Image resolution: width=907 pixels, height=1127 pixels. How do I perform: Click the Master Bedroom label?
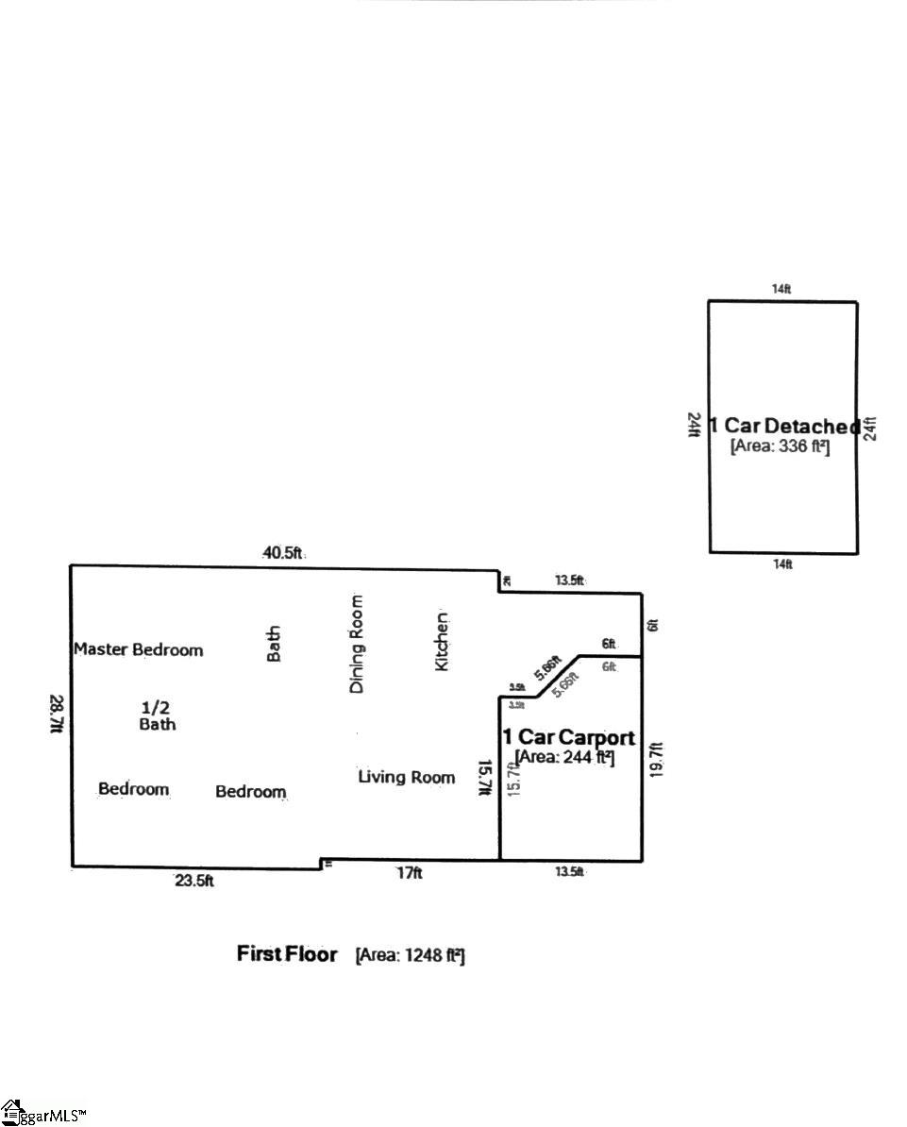click(139, 649)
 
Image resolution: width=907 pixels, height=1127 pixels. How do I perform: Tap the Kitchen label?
click(442, 642)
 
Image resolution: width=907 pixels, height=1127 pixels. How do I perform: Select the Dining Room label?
click(357, 644)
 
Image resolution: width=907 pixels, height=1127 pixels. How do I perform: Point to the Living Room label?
click(406, 777)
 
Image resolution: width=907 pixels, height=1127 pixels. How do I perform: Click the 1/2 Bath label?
click(157, 715)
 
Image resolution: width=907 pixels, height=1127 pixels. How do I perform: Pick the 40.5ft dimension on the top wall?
click(282, 553)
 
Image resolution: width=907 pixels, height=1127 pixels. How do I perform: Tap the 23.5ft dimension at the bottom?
click(194, 882)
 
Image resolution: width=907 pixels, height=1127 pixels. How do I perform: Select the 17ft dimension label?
click(409, 874)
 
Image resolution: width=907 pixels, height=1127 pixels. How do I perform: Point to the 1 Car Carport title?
click(568, 737)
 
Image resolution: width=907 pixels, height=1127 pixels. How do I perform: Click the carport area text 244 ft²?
click(564, 757)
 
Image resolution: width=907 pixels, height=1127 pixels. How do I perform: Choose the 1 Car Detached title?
click(784, 427)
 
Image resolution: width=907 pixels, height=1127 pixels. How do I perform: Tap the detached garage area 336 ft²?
click(780, 446)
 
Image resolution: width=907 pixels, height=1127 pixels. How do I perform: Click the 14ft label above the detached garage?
click(781, 290)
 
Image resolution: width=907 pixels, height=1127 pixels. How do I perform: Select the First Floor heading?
click(286, 954)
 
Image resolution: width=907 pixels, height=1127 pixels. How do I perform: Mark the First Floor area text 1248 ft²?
click(410, 956)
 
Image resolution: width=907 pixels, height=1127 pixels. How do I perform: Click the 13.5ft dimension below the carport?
click(569, 872)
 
